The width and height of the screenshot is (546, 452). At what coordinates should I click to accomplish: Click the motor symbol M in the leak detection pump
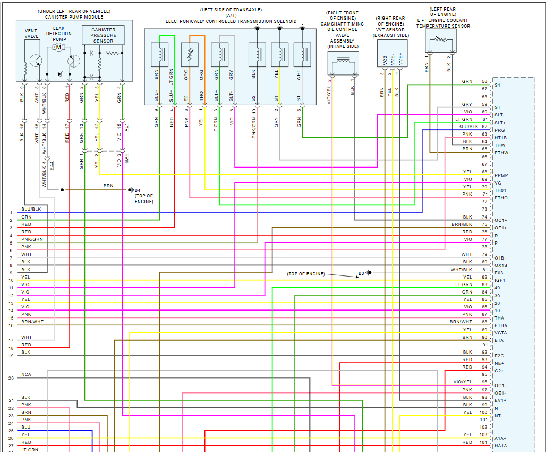point(59,47)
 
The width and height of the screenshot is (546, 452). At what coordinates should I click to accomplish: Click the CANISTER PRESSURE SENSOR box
point(103,35)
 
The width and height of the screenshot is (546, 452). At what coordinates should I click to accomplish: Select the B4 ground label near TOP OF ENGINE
point(137,190)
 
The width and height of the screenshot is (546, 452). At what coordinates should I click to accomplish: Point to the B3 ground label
point(361,273)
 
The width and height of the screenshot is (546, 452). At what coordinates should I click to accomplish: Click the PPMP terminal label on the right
point(501,175)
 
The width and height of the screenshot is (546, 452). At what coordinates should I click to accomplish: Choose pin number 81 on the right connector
point(484,270)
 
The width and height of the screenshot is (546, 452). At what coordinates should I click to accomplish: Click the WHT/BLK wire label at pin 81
point(461,270)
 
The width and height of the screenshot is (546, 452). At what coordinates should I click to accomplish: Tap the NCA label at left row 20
point(26,374)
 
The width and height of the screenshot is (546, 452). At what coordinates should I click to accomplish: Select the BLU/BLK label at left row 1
point(31,209)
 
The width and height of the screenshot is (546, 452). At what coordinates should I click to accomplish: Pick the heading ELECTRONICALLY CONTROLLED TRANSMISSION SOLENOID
point(231,21)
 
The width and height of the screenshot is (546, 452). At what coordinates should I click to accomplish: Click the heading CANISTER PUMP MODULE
point(74,16)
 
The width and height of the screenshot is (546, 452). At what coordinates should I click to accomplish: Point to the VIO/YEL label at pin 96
point(462,382)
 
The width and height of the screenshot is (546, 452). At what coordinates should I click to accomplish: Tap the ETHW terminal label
point(501,153)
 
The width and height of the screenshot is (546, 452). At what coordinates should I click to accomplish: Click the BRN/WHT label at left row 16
point(32,322)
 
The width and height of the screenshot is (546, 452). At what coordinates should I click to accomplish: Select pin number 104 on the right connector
point(483,442)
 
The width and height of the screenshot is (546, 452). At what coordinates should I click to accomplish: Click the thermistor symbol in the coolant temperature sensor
point(440,39)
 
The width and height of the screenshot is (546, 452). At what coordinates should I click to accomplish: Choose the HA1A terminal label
point(501,446)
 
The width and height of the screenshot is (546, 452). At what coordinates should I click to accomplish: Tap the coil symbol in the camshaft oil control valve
point(343,63)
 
